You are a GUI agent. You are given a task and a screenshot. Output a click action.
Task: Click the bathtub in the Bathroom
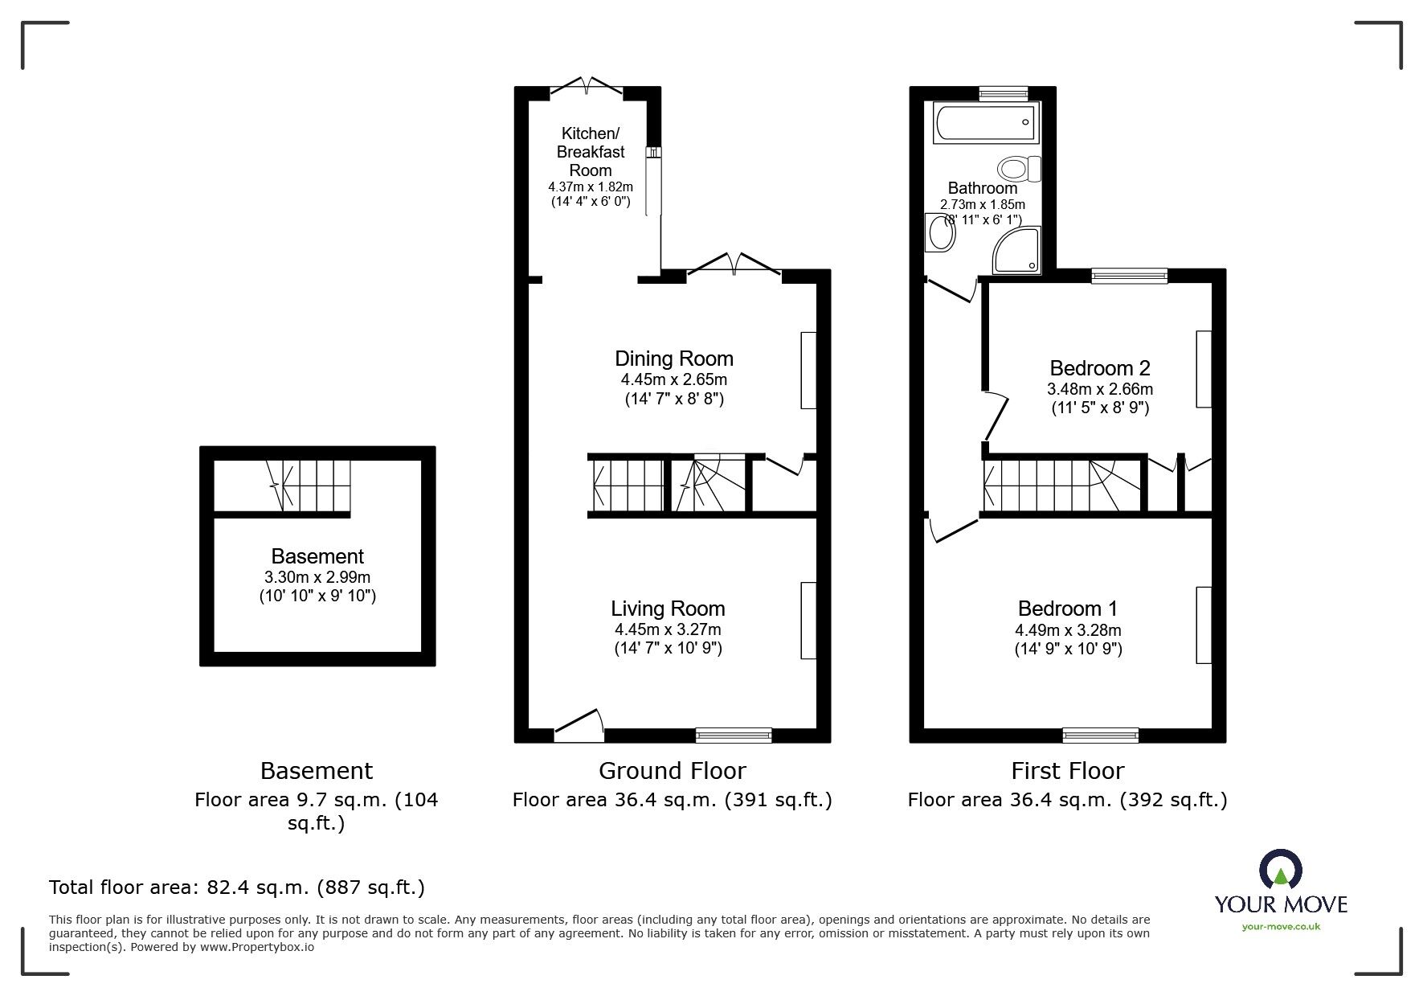[986, 123]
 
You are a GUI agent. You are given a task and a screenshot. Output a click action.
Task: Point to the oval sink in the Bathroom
[939, 234]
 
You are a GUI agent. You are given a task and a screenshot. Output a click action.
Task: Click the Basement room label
[317, 556]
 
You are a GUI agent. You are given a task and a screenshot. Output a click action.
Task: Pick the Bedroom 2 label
[1099, 368]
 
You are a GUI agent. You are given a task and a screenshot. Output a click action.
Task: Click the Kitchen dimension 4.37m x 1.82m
[591, 186]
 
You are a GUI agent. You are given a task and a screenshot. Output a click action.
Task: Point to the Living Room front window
[733, 734]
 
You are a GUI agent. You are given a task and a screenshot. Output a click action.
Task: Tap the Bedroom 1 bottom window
[1100, 734]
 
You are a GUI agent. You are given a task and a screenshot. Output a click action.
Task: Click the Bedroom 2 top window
[1129, 276]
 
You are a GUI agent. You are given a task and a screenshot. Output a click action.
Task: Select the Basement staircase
[309, 486]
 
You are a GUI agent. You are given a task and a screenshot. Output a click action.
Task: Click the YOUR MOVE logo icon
[1279, 869]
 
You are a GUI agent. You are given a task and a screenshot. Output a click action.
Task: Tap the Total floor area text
[237, 887]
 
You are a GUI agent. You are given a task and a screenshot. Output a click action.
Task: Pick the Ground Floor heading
[672, 771]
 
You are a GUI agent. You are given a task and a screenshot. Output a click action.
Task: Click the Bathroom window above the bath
[1003, 93]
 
